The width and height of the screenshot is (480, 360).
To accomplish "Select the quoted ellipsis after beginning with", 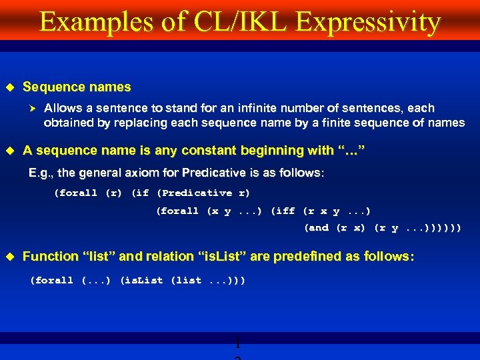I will click(x=353, y=151).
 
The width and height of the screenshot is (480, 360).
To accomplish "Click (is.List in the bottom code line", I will click(x=141, y=281).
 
